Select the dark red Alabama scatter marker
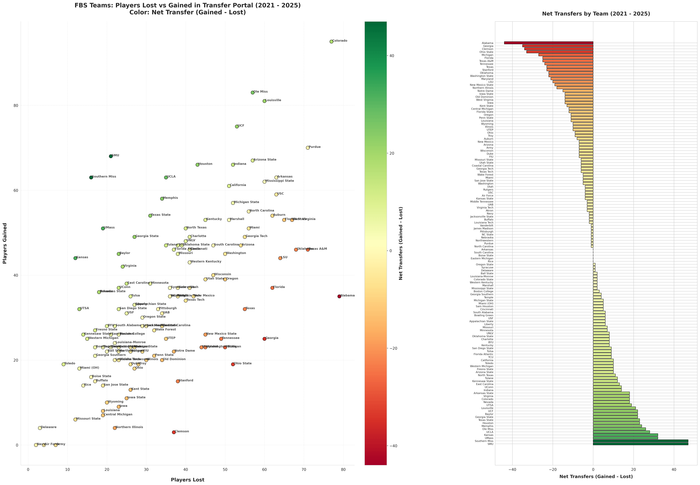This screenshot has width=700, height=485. (339, 296)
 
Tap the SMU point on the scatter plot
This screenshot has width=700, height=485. (111, 156)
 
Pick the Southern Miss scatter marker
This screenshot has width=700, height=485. (91, 177)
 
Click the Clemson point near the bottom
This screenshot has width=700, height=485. (174, 432)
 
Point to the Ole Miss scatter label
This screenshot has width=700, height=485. (261, 92)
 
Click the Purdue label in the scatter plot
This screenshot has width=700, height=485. (315, 147)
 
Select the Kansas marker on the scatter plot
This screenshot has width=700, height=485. (75, 258)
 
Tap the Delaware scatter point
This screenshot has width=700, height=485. (40, 428)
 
